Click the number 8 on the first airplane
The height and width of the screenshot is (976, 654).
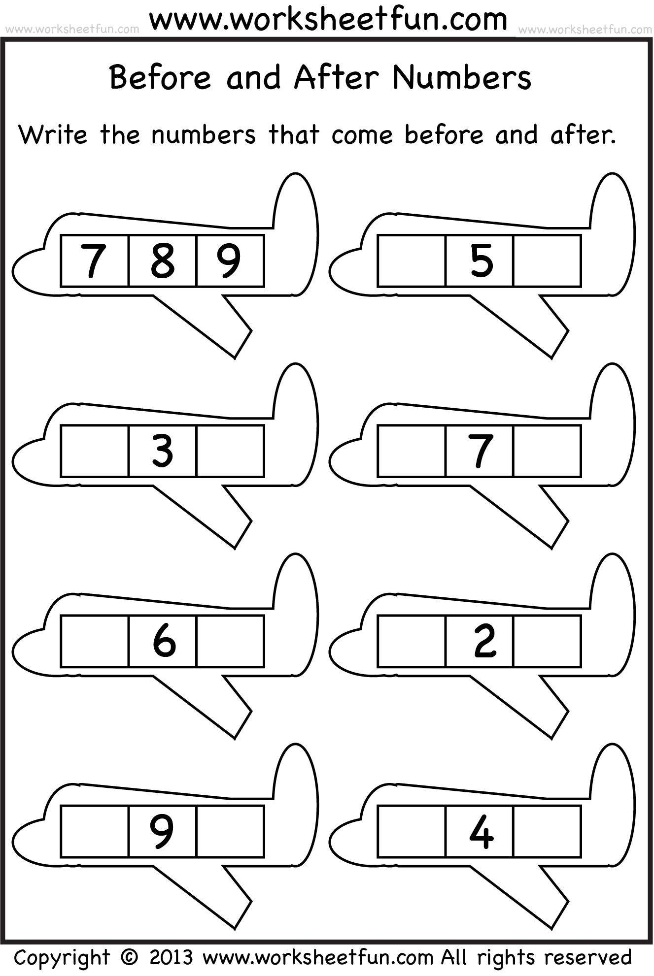click(x=163, y=260)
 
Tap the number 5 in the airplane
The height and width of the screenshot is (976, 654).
click(x=482, y=260)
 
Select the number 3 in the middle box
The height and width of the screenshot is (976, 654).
click(x=163, y=451)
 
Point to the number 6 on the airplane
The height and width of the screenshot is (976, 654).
click(x=164, y=641)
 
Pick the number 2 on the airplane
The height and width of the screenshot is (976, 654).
click(x=485, y=641)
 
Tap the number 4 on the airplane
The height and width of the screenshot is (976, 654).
click(x=482, y=831)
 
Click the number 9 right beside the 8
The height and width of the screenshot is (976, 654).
click(x=229, y=260)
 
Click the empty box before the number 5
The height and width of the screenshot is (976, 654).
click(x=412, y=260)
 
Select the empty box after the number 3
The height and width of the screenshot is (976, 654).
click(x=231, y=451)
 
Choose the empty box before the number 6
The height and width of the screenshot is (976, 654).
click(x=95, y=641)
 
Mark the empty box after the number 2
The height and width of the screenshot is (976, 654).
click(x=548, y=641)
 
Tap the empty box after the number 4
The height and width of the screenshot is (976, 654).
click(x=548, y=831)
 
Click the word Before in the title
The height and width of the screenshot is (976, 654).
click(x=160, y=77)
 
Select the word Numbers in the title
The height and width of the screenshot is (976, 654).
click(x=462, y=77)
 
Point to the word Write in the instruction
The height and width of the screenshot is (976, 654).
click(x=53, y=134)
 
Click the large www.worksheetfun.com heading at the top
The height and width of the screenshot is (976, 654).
click(x=328, y=19)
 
